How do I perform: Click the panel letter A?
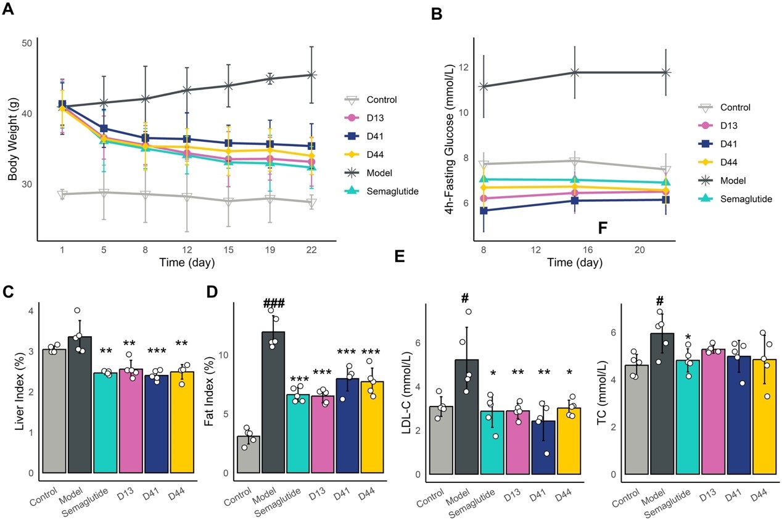10,10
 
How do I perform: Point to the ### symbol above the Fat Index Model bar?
274,303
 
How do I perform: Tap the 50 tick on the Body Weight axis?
26,43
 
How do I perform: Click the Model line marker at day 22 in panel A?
311,75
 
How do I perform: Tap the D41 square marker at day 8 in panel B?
484,211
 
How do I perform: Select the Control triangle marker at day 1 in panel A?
62,194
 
